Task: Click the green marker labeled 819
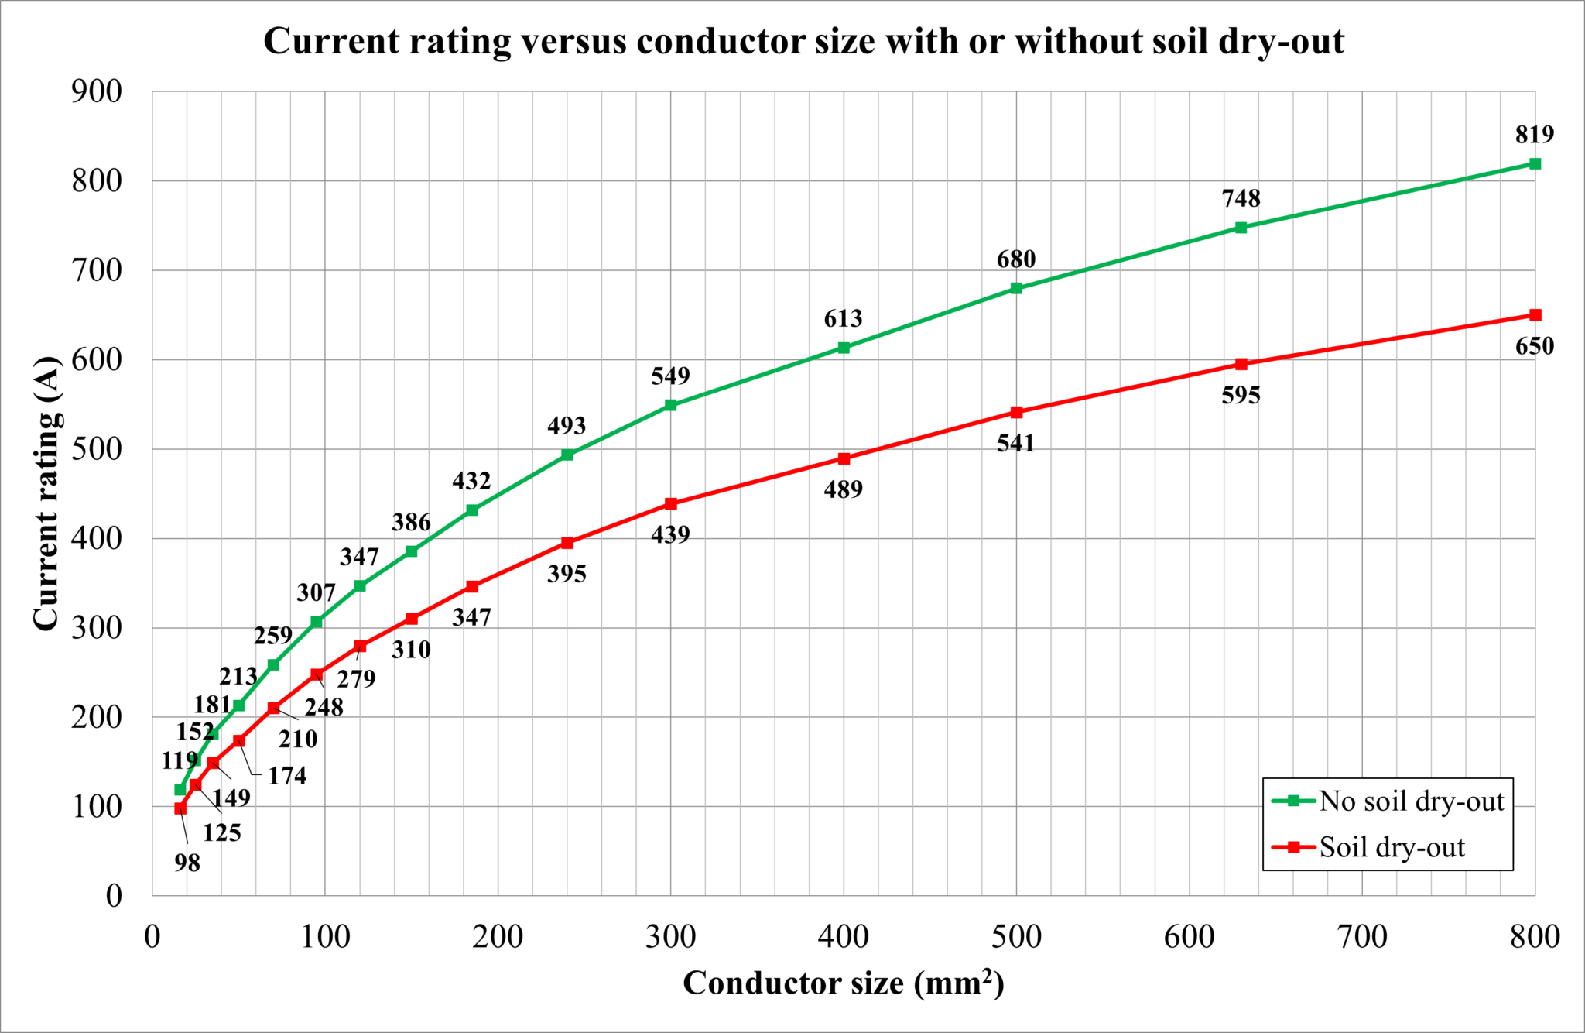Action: pyautogui.click(x=1535, y=164)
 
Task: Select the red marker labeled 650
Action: pyautogui.click(x=1535, y=315)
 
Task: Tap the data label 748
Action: pyautogui.click(x=1241, y=199)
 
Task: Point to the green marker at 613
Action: pyautogui.click(x=844, y=348)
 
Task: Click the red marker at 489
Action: pyautogui.click(x=844, y=458)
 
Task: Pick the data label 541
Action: pyautogui.click(x=1015, y=444)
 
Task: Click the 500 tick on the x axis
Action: pyautogui.click(x=1016, y=937)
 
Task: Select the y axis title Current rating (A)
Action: pyautogui.click(x=46, y=493)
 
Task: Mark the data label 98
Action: pyautogui.click(x=187, y=863)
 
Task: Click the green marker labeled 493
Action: pyautogui.click(x=567, y=455)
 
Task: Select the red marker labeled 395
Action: pyautogui.click(x=567, y=543)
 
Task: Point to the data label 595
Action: pyautogui.click(x=1241, y=396)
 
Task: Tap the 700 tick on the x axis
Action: pyautogui.click(x=1362, y=937)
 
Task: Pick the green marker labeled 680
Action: pyautogui.click(x=1016, y=288)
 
